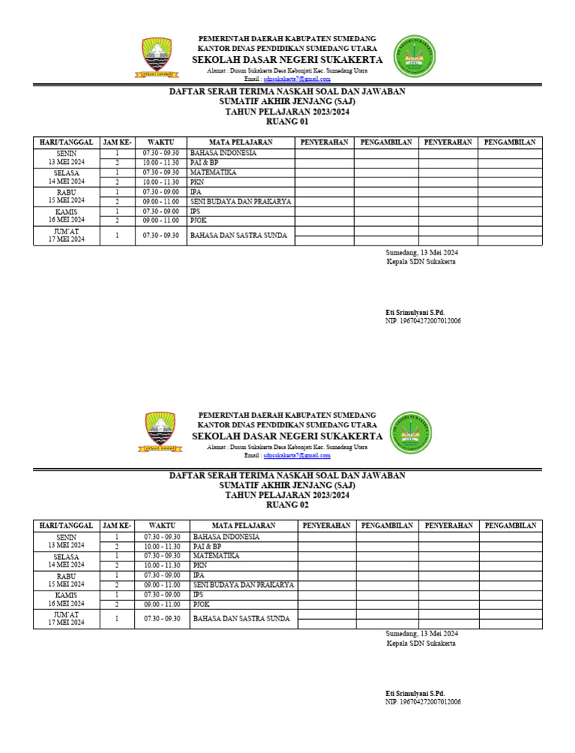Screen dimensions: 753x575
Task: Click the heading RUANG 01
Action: (x=287, y=121)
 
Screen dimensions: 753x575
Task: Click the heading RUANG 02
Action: (x=287, y=504)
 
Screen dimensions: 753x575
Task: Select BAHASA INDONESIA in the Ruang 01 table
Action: (x=223, y=153)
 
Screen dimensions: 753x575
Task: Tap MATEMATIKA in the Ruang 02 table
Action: (x=216, y=556)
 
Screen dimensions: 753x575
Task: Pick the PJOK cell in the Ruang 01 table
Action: (x=198, y=221)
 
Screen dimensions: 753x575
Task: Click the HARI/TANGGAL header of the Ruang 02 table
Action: (x=66, y=525)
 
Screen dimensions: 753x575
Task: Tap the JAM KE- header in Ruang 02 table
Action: (x=117, y=525)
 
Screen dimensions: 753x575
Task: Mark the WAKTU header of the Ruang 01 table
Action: (x=161, y=142)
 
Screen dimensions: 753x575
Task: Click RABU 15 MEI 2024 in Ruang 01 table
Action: (x=67, y=196)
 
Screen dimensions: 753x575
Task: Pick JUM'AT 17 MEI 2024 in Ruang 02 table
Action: (x=67, y=618)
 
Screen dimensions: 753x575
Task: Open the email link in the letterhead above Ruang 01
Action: (x=297, y=79)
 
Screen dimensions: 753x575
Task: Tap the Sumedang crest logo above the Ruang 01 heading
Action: (x=156, y=58)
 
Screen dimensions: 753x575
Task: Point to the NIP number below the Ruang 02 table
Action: (x=423, y=702)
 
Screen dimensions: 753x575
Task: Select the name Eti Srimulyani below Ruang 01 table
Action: (x=415, y=312)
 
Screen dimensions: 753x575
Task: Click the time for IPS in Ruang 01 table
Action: (x=161, y=211)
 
